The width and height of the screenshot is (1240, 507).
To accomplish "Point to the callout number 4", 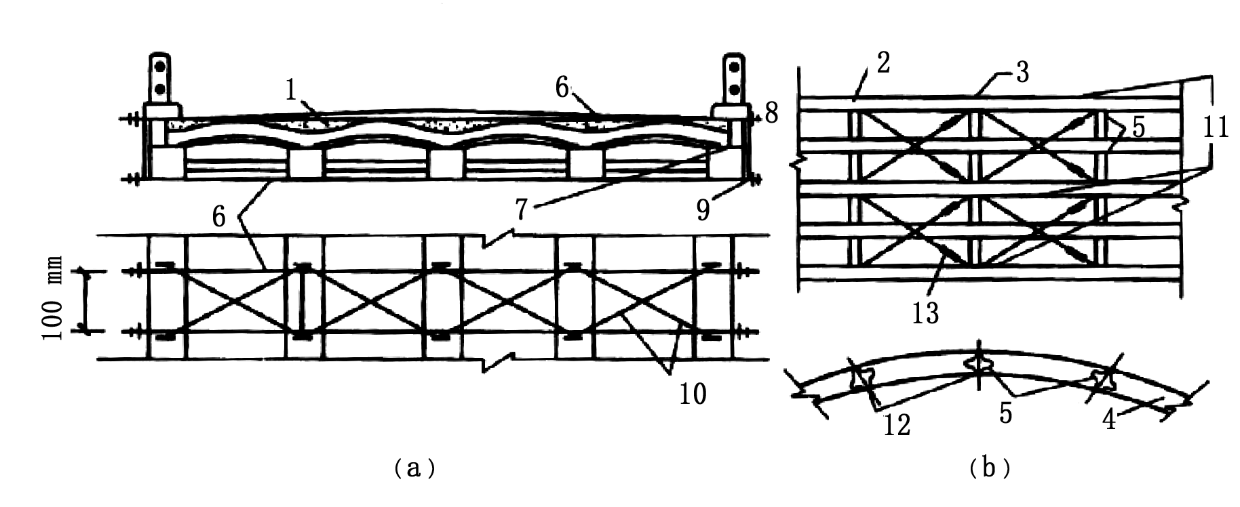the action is pos(1108,420).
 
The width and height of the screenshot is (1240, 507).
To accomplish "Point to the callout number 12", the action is pos(895,426).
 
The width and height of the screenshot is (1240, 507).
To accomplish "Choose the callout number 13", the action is pos(925,312).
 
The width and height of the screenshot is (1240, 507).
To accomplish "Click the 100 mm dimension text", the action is pos(54,299).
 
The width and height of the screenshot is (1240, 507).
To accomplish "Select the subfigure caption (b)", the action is pos(990,468).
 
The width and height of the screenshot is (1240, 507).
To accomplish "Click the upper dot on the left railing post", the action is pos(161,67).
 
